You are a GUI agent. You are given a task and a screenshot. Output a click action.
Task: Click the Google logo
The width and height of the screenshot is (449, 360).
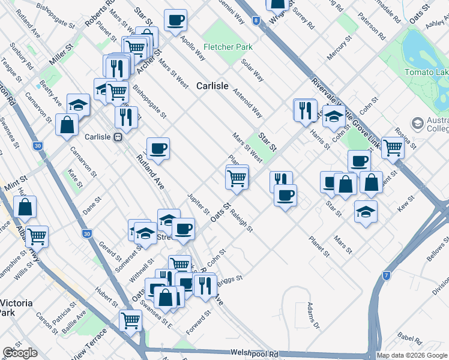coord(20,353)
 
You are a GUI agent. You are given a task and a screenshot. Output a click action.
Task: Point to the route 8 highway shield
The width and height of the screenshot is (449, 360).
coord(257,20)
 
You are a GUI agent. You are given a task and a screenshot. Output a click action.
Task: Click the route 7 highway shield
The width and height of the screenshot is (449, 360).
coord(387,275)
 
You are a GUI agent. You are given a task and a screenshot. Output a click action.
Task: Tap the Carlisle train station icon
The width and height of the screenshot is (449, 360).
coord(118,136)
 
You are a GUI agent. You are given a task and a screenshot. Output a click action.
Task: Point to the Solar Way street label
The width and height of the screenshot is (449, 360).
coord(252,70)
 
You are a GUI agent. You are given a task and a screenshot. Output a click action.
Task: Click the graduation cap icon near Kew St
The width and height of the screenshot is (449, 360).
coord(366,212)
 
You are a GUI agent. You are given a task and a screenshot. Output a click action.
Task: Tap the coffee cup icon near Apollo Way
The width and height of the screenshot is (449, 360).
coord(176,20)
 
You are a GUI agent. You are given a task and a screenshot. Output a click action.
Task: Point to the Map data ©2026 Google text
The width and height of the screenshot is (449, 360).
coord(412,355)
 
